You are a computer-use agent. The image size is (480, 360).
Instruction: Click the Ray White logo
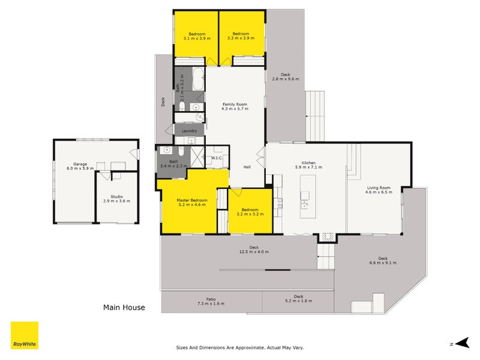pyautogui.click(x=25, y=335)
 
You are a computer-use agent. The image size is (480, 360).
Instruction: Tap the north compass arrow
pyautogui.click(x=462, y=343)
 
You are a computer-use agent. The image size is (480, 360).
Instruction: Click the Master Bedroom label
pyautogui.click(x=192, y=200)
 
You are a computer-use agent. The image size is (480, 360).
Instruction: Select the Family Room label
pyautogui.click(x=235, y=104)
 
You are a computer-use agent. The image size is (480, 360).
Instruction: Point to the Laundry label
pyautogui.click(x=189, y=131)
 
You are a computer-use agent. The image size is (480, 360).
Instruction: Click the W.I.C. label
pyautogui.click(x=217, y=158)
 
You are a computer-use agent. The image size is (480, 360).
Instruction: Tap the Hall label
pyautogui.click(x=247, y=167)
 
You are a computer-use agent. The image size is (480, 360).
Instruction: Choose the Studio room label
pyautogui.click(x=116, y=197)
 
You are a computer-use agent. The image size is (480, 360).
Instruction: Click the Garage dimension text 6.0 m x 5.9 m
pyautogui.click(x=80, y=169)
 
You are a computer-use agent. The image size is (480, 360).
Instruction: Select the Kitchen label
pyautogui.click(x=308, y=163)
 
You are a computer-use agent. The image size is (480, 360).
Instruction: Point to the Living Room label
pyautogui.click(x=379, y=188)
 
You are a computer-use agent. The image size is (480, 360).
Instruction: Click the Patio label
pyautogui.click(x=211, y=299)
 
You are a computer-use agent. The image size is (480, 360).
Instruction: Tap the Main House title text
pyautogui.click(x=124, y=307)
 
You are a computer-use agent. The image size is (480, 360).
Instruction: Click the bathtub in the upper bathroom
pyautogui.click(x=199, y=79)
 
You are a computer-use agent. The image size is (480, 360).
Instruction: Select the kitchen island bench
pyautogui.click(x=308, y=196)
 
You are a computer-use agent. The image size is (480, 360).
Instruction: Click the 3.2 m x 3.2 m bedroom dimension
pyautogui.click(x=250, y=214)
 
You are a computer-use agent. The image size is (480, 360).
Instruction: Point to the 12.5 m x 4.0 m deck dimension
pyautogui.click(x=254, y=252)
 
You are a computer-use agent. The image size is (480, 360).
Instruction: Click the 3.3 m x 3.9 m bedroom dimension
pyautogui.click(x=241, y=38)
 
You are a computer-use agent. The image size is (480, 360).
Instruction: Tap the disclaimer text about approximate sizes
pyautogui.click(x=240, y=347)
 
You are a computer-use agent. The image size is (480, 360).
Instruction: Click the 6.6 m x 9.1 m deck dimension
pyautogui.click(x=383, y=263)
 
